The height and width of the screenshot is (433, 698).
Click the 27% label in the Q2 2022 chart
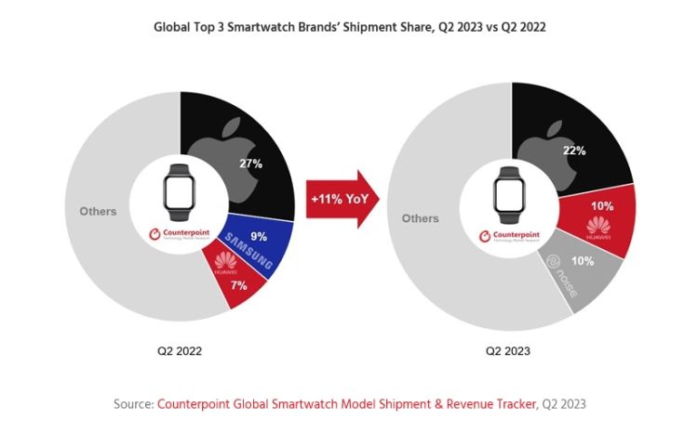tap(250, 164)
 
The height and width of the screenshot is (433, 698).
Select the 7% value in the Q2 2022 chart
tap(238, 285)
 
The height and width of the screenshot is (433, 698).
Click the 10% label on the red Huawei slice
tap(602, 204)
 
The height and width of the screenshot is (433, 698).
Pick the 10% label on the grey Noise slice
tap(583, 261)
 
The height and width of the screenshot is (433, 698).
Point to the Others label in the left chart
tap(98, 211)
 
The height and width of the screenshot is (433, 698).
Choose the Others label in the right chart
tap(420, 218)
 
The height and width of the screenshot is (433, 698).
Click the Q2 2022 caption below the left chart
tap(180, 351)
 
